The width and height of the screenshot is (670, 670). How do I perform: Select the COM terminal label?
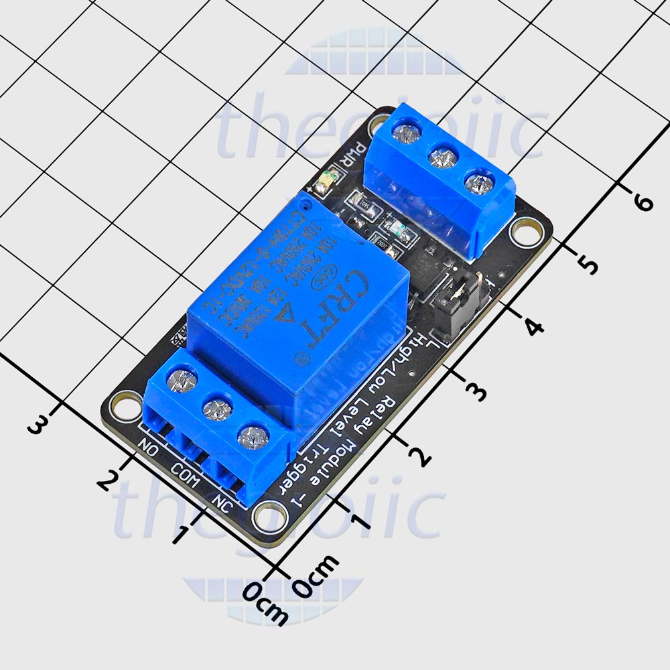tap(184, 476)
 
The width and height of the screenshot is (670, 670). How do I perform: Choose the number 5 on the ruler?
tap(588, 265)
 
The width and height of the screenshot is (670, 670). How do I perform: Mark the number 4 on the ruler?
tap(533, 328)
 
